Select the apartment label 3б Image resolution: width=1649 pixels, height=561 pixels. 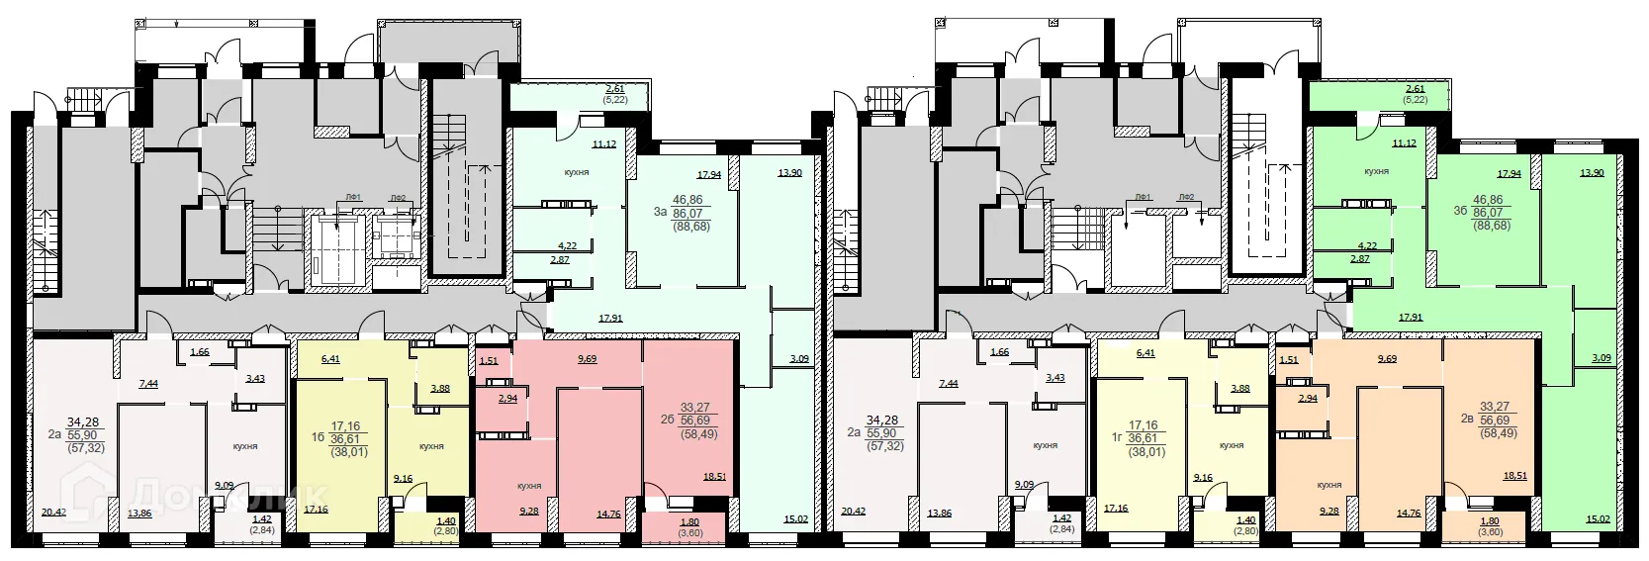[1459, 212]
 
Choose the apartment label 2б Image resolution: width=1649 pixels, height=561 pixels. [667, 419]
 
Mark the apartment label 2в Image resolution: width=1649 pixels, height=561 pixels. [1468, 419]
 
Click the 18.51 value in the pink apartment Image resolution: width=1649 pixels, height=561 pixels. [714, 476]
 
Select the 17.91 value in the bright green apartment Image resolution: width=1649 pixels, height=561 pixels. [1411, 318]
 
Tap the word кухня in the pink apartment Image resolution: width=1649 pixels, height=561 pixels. [529, 486]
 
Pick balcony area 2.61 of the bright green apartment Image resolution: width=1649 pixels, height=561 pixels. [1416, 89]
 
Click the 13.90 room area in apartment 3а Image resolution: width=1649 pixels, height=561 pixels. [789, 173]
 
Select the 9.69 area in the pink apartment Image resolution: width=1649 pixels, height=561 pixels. [587, 360]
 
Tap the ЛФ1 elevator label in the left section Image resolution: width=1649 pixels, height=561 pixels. [353, 199]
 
